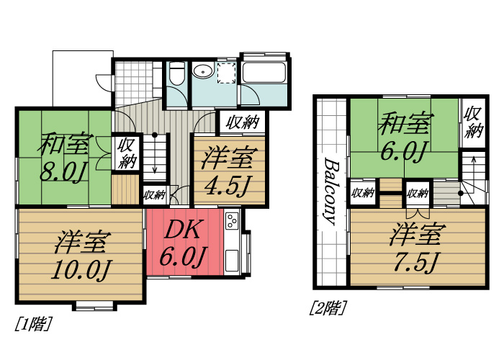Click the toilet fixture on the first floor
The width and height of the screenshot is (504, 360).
pyautogui.click(x=177, y=73)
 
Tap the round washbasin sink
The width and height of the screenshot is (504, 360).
pyautogui.click(x=202, y=71)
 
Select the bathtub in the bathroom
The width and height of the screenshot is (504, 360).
pyautogui.click(x=264, y=73)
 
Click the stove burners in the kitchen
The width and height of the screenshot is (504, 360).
pyautogui.click(x=232, y=221)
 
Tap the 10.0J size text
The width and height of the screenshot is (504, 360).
pyautogui.click(x=81, y=271)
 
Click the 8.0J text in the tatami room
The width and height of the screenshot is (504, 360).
pyautogui.click(x=62, y=172)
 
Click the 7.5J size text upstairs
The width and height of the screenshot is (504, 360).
pyautogui.click(x=415, y=262)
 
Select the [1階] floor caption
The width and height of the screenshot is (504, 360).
pyautogui.click(x=33, y=324)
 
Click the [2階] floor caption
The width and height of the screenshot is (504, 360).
pyautogui.click(x=328, y=307)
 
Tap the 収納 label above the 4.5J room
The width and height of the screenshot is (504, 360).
pyautogui.click(x=243, y=122)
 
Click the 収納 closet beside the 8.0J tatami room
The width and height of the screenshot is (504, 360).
pyautogui.click(x=127, y=153)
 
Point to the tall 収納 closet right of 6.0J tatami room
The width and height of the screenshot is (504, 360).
pyautogui.click(x=473, y=123)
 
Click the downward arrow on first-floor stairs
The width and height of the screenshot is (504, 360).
pyautogui.click(x=155, y=153)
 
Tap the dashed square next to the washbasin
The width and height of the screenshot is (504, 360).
pyautogui.click(x=227, y=73)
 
